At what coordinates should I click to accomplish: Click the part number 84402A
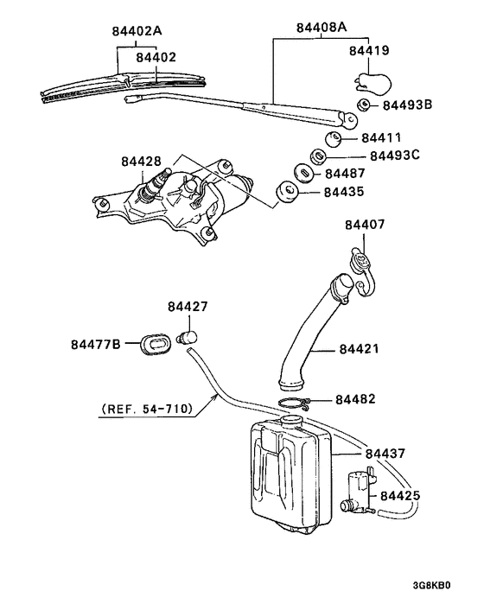(137, 31)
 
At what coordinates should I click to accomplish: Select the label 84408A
(322, 27)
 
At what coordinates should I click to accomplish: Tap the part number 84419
(369, 51)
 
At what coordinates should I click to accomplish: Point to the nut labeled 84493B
(365, 106)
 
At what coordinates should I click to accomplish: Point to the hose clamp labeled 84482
(296, 403)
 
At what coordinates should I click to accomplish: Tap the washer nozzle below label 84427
(188, 337)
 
